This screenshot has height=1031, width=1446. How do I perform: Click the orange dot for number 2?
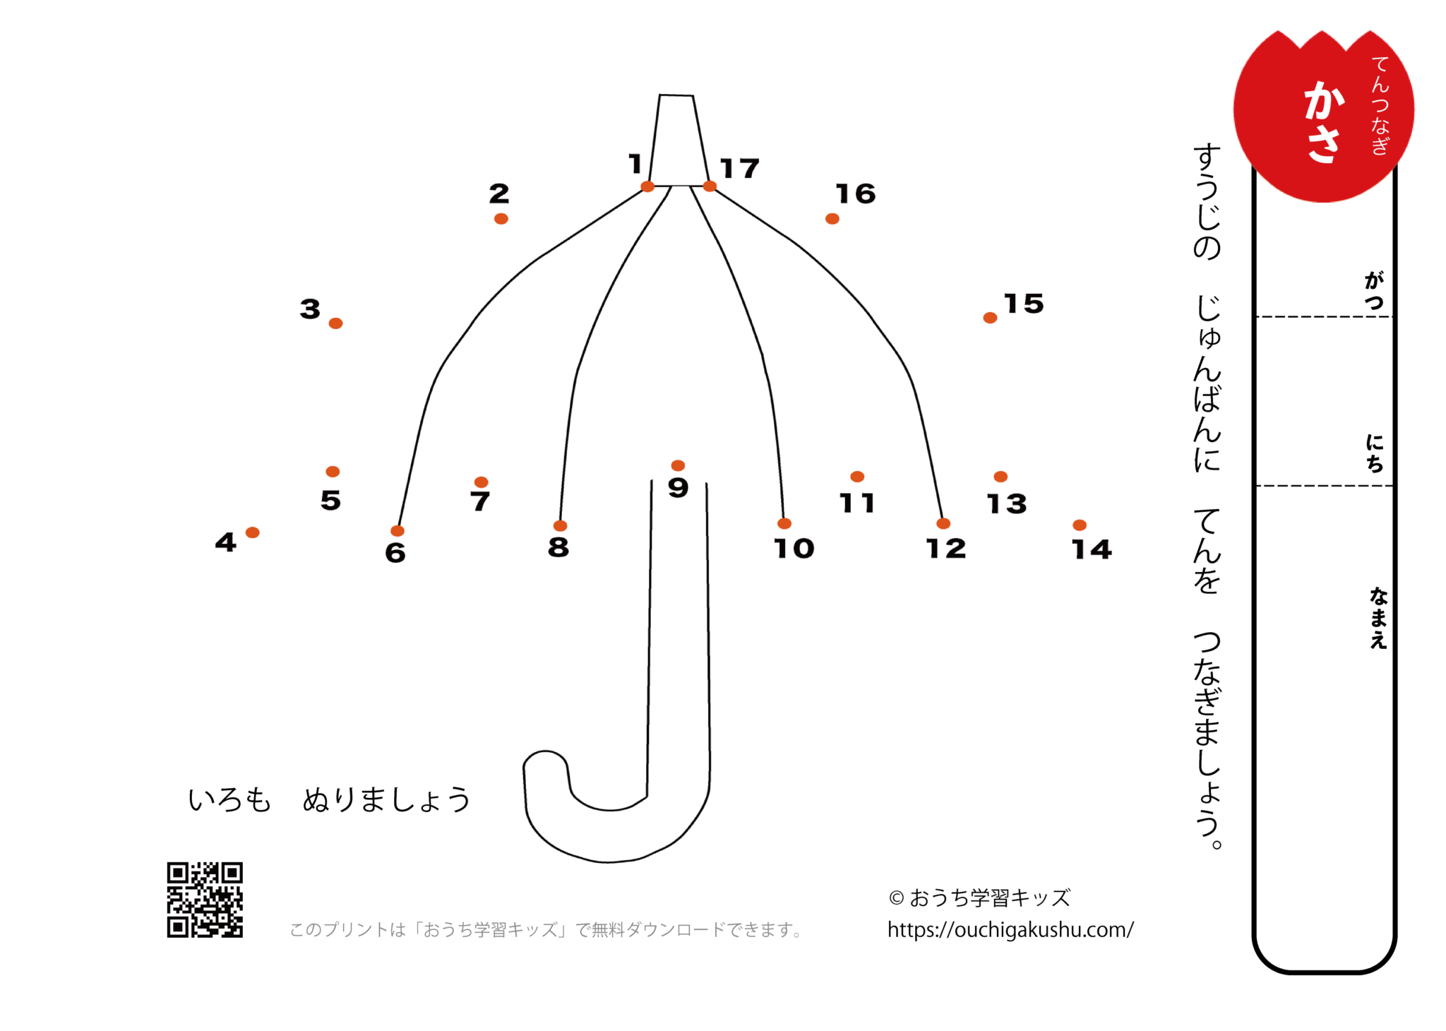[x=501, y=219]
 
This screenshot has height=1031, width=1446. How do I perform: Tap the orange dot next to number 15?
[x=990, y=318]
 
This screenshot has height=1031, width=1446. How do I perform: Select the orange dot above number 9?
[x=678, y=465]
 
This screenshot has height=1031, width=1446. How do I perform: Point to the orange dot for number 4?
[x=252, y=532]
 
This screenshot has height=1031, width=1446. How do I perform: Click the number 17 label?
[x=739, y=168]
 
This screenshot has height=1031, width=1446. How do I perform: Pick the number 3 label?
[x=310, y=309]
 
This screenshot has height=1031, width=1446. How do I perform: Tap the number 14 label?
[x=1092, y=549]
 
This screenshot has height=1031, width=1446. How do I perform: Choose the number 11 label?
[x=857, y=503]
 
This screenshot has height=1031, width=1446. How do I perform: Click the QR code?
[x=205, y=900]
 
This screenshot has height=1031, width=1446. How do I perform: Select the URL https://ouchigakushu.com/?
[x=1010, y=930]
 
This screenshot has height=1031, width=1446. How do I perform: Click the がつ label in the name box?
[x=1374, y=290]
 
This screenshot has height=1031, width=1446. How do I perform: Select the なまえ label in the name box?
[x=1378, y=618]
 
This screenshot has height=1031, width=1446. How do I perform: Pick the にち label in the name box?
[x=1374, y=453]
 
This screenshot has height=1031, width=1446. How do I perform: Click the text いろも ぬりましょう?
[x=329, y=799]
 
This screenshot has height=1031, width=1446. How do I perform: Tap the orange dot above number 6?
[x=398, y=531]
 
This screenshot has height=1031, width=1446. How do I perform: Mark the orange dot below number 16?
[x=832, y=219]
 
